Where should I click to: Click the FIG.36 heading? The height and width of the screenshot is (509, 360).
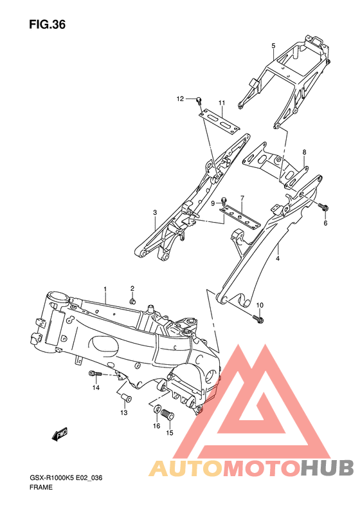pyautogui.click(x=47, y=24)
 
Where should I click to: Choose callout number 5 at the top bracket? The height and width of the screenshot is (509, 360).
pyautogui.click(x=273, y=45)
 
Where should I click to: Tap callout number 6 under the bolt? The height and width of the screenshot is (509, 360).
pyautogui.click(x=325, y=223)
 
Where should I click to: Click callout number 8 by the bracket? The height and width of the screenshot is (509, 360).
pyautogui.click(x=304, y=153)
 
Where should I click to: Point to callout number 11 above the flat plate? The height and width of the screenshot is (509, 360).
pyautogui.click(x=221, y=103)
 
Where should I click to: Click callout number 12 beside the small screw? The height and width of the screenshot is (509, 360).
pyautogui.click(x=181, y=98)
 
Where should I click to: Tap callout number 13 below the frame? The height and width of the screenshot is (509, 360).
pyautogui.click(x=124, y=412)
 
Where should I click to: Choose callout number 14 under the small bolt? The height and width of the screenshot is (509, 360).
pyautogui.click(x=95, y=388)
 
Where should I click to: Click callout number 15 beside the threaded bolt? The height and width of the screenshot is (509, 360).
pyautogui.click(x=170, y=432)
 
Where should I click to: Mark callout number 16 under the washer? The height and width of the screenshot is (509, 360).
pyautogui.click(x=156, y=426)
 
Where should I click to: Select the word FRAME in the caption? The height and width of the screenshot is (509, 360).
pyautogui.click(x=40, y=487)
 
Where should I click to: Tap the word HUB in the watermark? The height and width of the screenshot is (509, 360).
pyautogui.click(x=325, y=467)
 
